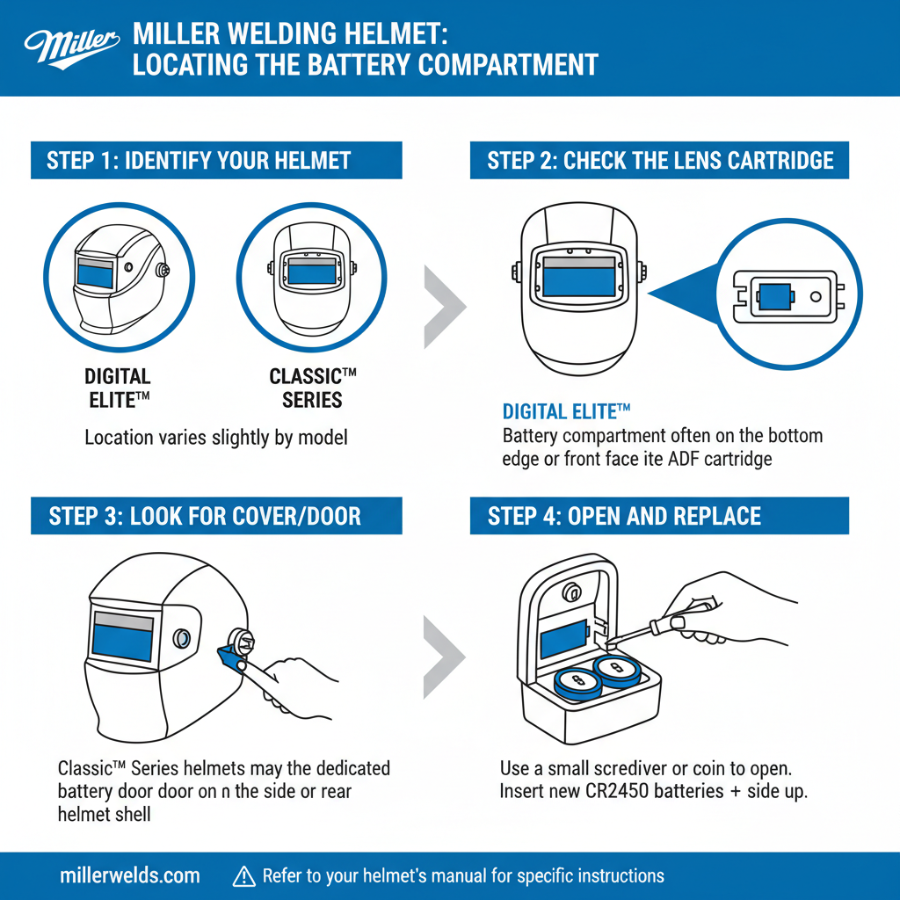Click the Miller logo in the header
click(x=71, y=47)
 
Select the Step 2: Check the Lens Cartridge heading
click(x=659, y=160)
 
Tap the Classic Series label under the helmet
click(x=313, y=388)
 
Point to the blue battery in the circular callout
click(x=774, y=296)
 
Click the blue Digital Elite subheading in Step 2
click(x=567, y=411)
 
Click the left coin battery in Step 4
click(x=577, y=680)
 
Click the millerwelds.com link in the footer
click(x=130, y=875)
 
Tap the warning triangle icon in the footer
click(x=243, y=875)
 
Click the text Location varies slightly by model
click(x=216, y=437)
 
